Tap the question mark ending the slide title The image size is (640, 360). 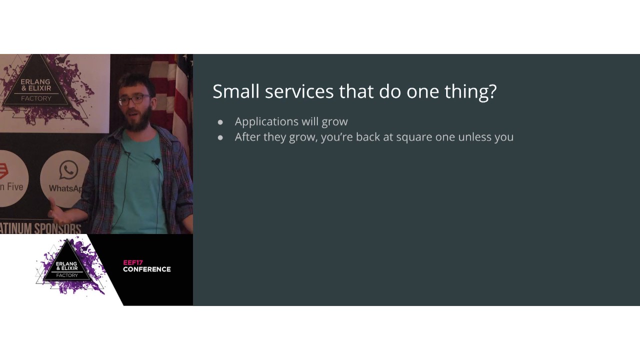click(492, 91)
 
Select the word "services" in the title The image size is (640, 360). click(299, 91)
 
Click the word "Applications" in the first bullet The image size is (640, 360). click(267, 122)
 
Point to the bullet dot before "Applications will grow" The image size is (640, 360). click(220, 122)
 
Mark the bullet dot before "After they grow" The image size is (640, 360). click(220, 137)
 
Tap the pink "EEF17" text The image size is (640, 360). click(133, 262)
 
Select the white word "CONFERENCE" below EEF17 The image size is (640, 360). click(147, 269)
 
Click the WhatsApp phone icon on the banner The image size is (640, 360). click(68, 170)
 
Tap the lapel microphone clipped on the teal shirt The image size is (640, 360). click(156, 161)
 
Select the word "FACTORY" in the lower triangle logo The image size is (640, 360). click(67, 275)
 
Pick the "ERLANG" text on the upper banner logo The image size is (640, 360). click(35, 82)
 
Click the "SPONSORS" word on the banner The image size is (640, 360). click(57, 228)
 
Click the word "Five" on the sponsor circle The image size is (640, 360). click(15, 187)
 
